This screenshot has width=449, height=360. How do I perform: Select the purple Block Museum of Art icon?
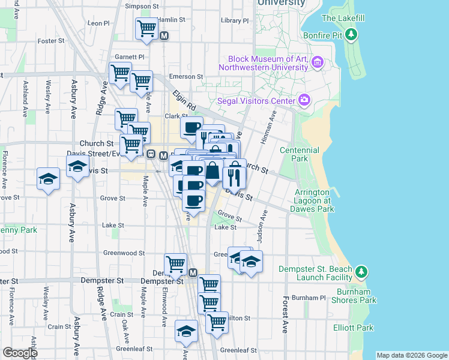(318, 62)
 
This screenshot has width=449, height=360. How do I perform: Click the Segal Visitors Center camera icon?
(305, 100)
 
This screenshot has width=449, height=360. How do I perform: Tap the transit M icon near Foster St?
(164, 36)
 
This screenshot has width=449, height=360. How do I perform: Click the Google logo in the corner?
(20, 352)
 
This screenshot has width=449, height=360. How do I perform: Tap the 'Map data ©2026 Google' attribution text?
(412, 355)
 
